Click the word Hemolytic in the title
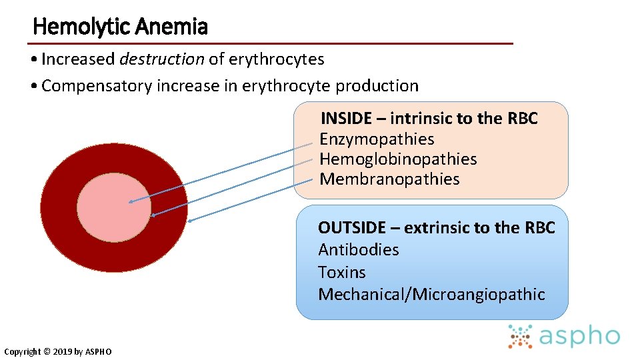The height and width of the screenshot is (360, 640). pos(81,27)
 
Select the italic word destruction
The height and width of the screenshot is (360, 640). pos(162,59)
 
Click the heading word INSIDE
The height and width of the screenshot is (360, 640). pos(346,119)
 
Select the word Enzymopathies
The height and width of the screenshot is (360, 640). pos(377,139)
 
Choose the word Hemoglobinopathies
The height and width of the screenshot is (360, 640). pos(398,159)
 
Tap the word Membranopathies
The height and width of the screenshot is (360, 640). pos(389,179)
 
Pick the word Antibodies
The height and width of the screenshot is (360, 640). pos(358,250)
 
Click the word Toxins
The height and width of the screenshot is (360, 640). pos(341,273)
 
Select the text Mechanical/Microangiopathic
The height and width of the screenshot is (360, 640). pos(431,295)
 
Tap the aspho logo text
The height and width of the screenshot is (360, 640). pos(579,337)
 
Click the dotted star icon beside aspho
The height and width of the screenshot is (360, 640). pos(520,337)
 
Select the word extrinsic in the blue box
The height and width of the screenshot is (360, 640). pos(436,228)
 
